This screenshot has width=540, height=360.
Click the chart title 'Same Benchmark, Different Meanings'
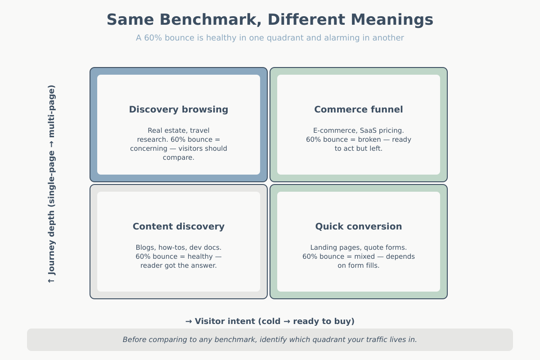point(270,20)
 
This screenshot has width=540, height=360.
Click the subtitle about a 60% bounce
point(270,38)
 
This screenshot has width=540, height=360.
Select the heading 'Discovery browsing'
point(179,109)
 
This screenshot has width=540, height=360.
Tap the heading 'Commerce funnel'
point(359,109)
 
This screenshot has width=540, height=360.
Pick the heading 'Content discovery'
point(179,226)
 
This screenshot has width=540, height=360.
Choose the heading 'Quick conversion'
point(359,226)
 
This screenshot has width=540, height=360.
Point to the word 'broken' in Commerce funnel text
point(358,139)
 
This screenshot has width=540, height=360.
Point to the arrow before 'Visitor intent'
point(189,321)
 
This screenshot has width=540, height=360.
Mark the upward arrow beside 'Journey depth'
point(52,280)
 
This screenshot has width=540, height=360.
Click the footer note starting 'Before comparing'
point(270,340)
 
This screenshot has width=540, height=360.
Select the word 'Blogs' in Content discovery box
point(145,247)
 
